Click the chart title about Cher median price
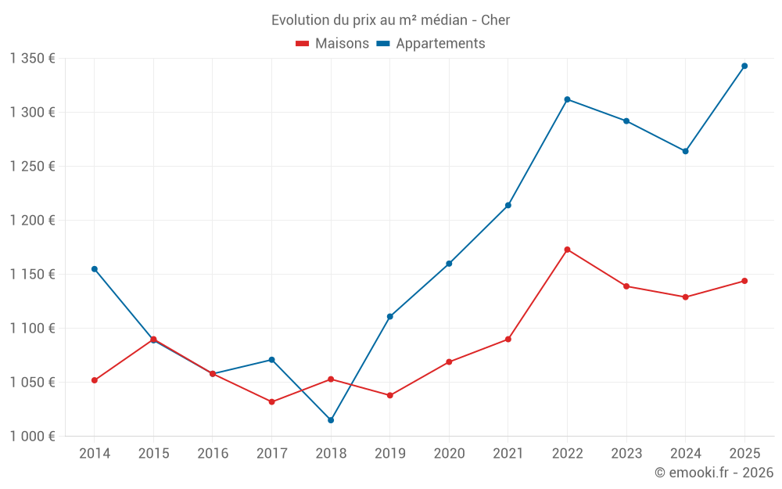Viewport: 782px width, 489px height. [x=390, y=20]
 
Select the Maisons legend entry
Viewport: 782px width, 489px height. [x=332, y=44]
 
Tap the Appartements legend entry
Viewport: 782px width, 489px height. [x=431, y=44]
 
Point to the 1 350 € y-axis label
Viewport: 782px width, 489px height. [x=33, y=59]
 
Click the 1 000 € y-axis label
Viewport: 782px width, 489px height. [x=33, y=437]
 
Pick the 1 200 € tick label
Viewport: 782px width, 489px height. [x=33, y=221]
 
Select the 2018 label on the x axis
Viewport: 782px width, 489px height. [x=331, y=454]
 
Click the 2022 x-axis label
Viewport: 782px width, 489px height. [x=567, y=454]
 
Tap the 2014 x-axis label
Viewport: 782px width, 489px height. [x=95, y=454]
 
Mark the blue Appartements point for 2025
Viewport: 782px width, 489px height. [x=744, y=66]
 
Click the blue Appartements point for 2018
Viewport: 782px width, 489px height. [x=331, y=420]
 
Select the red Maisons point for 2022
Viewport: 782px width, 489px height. [x=567, y=250]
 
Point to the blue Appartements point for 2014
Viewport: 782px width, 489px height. [x=95, y=269]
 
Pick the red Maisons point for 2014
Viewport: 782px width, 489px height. [x=95, y=380]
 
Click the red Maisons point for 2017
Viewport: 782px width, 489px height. [x=271, y=402]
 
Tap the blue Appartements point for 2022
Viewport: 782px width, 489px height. [x=567, y=99]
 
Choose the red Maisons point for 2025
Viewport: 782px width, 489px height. [x=744, y=281]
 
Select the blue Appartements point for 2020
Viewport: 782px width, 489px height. [x=449, y=264]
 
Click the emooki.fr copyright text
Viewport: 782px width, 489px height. [x=714, y=473]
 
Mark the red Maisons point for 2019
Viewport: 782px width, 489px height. [x=389, y=395]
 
